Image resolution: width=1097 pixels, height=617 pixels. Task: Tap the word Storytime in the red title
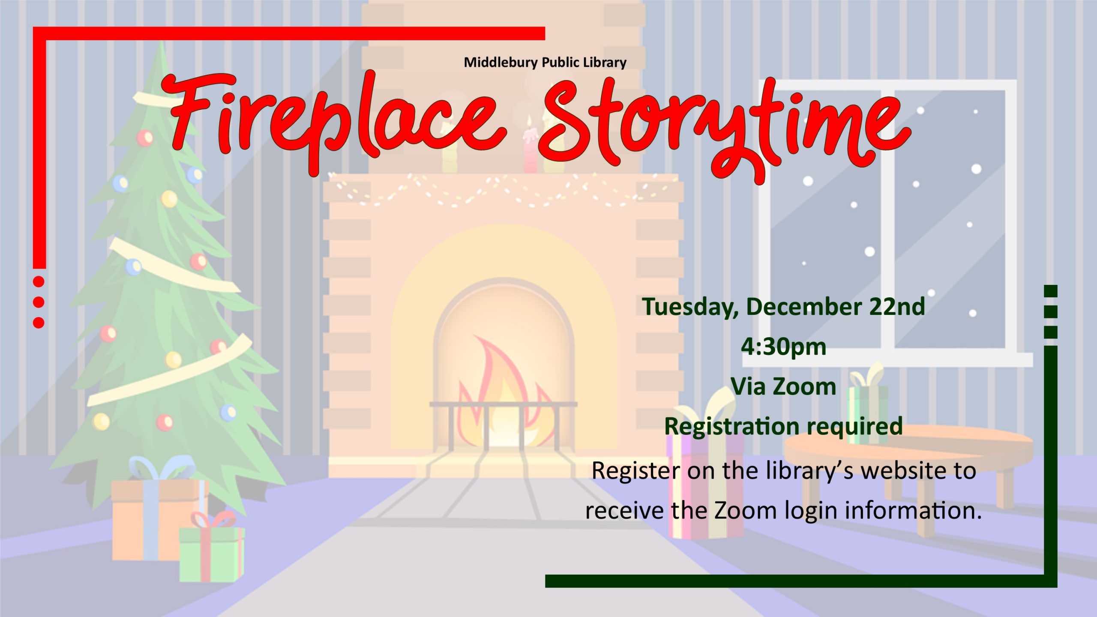[724, 129]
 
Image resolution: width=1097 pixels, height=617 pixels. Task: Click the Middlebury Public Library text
[545, 63]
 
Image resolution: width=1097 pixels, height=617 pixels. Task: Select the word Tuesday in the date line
[690, 307]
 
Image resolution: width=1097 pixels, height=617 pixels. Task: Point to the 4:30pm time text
[783, 347]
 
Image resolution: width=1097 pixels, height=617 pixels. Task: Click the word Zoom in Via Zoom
[805, 386]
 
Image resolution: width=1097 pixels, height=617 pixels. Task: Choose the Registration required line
[783, 427]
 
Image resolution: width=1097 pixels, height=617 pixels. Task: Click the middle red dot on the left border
[39, 302]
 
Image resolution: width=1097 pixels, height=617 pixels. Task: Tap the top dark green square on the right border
[1051, 291]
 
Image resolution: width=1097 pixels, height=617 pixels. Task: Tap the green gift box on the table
[868, 414]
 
